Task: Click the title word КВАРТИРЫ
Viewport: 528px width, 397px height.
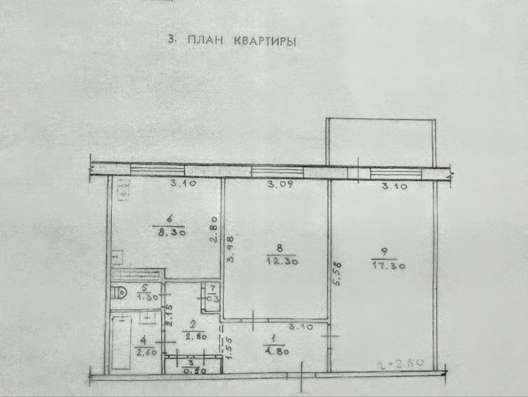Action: (263, 40)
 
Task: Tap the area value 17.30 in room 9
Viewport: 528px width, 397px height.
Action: (388, 265)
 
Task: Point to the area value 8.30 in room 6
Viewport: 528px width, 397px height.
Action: (171, 232)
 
